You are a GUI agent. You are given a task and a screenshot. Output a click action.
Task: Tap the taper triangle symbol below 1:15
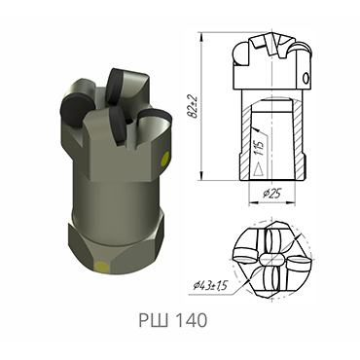point(258,166)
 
